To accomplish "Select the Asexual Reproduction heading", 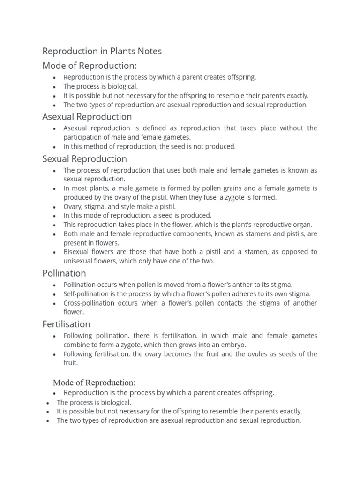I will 87,116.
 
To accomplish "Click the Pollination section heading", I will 64,273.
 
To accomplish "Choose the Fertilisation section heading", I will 66,324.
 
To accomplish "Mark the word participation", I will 82,137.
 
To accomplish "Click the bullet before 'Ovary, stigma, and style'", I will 55,207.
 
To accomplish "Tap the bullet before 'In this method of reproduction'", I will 55,147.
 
